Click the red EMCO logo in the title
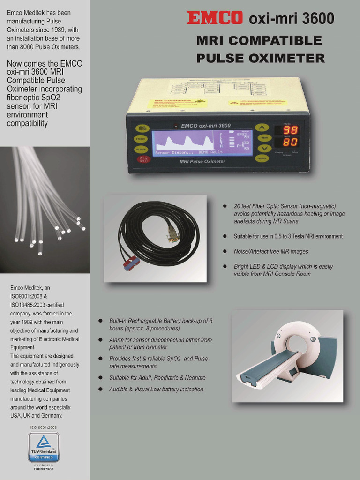point(215,18)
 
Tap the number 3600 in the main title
point(317,19)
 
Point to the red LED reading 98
point(290,130)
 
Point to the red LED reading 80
point(290,142)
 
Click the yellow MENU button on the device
point(264,138)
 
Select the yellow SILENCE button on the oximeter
point(141,149)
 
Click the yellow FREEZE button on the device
point(141,139)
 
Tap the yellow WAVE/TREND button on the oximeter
point(141,128)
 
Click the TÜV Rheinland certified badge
point(44,447)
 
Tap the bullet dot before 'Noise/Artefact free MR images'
point(225,252)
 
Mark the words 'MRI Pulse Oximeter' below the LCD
point(202,161)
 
